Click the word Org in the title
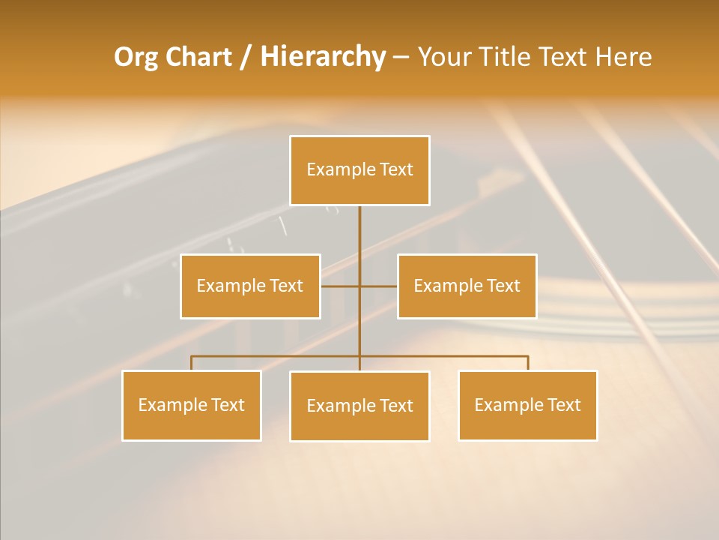pos(136,57)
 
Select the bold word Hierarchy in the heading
pos(323,57)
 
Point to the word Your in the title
pos(443,57)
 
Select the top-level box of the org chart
pos(359,170)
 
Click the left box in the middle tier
pos(250,286)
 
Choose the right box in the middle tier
pos(467,286)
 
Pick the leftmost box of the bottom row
pos(192,406)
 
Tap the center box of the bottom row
pos(359,406)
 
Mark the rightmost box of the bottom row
pos(528,406)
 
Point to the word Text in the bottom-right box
pos(564,406)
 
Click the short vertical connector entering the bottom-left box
pos(191,363)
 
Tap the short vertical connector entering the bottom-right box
pos(528,363)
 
